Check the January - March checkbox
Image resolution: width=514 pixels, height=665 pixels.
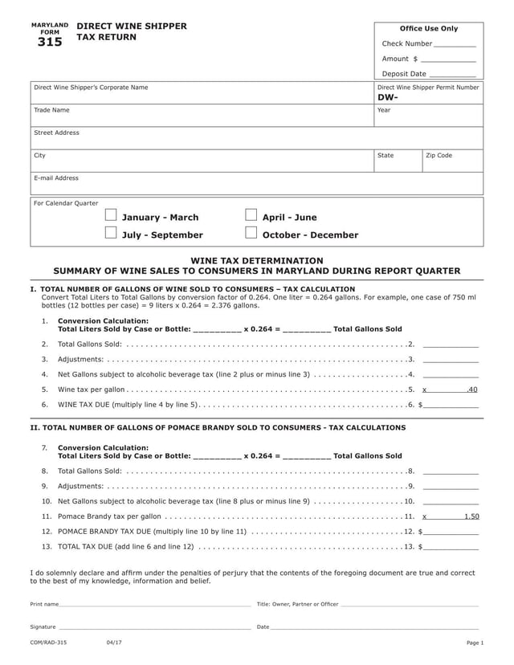(x=111, y=216)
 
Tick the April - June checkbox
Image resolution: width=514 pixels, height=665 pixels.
(x=251, y=216)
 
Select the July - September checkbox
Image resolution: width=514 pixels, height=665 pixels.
(x=111, y=234)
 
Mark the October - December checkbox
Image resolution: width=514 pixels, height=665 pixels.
(x=251, y=234)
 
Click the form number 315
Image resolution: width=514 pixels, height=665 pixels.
(x=49, y=43)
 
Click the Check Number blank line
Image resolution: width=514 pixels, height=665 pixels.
(x=455, y=46)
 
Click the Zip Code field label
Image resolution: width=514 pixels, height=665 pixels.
(x=439, y=155)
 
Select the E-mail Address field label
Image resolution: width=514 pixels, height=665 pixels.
(x=56, y=178)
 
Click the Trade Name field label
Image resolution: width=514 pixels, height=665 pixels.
(x=51, y=110)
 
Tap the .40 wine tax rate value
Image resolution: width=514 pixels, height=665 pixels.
(x=472, y=390)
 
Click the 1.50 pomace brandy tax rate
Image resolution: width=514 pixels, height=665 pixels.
(x=471, y=516)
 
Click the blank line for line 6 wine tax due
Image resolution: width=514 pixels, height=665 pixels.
(x=451, y=405)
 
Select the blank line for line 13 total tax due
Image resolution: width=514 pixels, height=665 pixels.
(x=451, y=547)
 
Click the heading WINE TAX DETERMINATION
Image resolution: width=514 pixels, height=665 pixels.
(x=256, y=261)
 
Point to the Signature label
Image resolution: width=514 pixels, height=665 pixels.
(x=43, y=626)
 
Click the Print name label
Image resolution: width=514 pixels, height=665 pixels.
(x=44, y=604)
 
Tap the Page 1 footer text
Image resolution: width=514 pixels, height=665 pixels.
(x=475, y=643)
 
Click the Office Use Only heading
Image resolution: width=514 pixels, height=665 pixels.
(x=429, y=29)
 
